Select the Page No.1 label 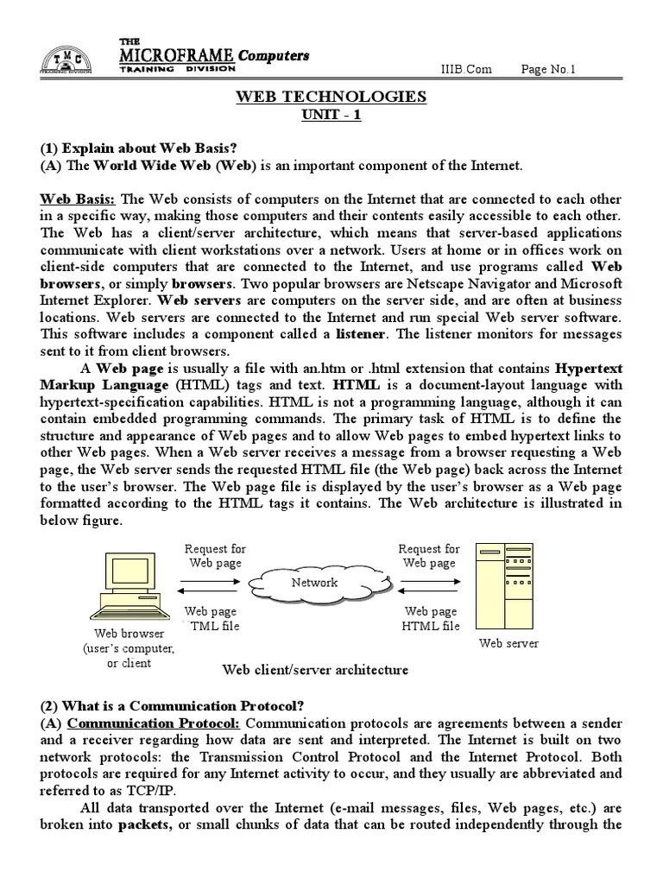tap(549, 69)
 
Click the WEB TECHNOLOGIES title tap(331, 97)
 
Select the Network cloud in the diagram tap(314, 583)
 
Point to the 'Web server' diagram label tap(508, 643)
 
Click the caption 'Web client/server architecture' tap(315, 670)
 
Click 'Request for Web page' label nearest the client tap(215, 556)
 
